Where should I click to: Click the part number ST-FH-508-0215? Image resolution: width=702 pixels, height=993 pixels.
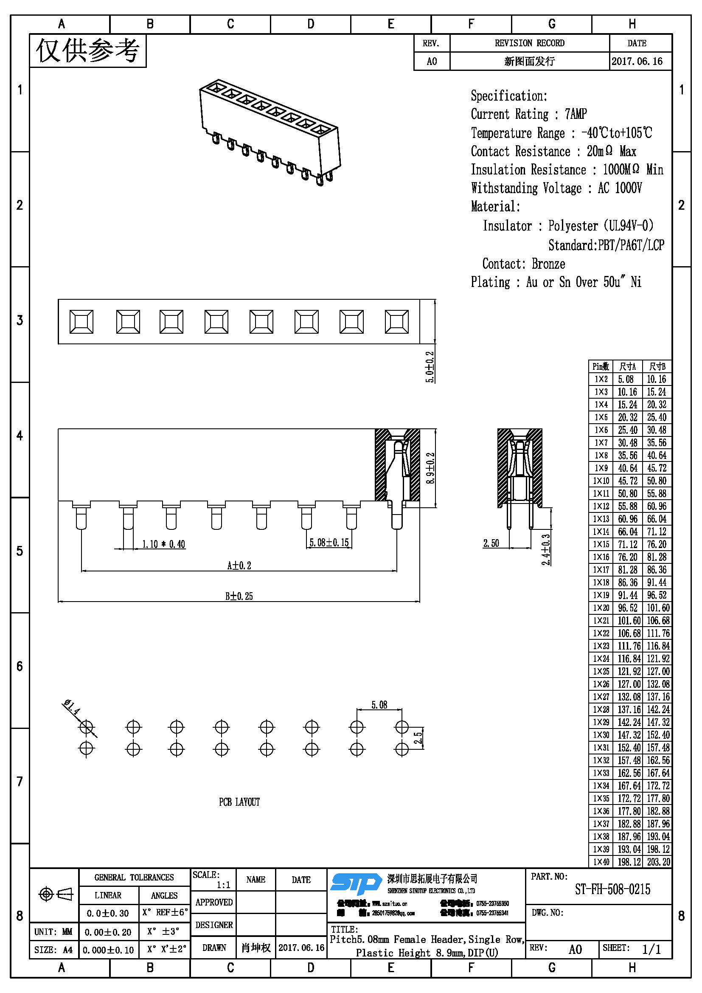coord(612,889)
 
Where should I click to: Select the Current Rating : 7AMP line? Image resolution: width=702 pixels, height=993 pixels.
coord(529,114)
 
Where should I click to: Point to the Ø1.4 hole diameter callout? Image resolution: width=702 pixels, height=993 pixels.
coord(72,707)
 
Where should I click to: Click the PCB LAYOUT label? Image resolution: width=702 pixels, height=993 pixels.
coord(239,802)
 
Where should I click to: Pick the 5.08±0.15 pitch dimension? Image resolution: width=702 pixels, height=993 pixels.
coord(329,542)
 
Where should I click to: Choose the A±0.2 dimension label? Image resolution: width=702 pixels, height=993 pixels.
coord(239,565)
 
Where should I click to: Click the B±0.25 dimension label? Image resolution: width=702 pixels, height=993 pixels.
coord(239,596)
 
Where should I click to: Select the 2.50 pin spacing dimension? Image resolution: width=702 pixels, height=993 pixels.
coord(491,543)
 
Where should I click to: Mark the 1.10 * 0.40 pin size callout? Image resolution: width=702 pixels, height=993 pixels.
coord(164,544)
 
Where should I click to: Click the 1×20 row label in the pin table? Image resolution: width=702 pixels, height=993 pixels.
coord(601,608)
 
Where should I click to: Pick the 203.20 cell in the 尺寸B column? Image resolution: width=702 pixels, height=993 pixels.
coord(658,861)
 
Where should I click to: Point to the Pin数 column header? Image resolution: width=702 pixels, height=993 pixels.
coord(601,367)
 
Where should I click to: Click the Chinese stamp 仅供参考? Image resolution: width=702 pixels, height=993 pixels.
coord(88,51)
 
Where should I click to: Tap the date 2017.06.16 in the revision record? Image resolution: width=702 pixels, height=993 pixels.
coord(637,62)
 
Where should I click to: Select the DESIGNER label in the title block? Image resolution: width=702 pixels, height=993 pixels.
coord(214,925)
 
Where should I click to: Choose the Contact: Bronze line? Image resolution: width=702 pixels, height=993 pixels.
coord(523,264)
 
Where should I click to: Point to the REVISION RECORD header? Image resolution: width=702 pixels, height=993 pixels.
coord(529,43)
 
